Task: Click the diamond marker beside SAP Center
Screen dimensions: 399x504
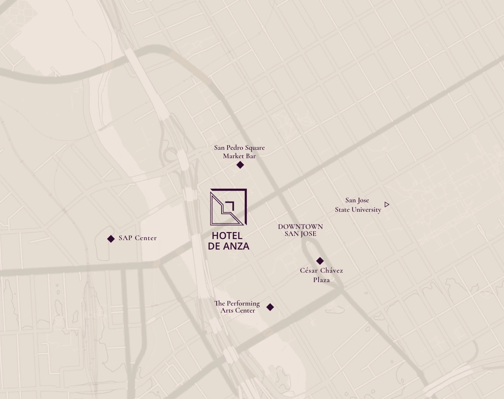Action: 111,239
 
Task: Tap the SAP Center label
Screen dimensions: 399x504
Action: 138,238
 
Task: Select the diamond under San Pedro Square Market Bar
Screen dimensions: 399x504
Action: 240,165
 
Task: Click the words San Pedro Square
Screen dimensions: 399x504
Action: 239,148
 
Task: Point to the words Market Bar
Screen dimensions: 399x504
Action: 239,156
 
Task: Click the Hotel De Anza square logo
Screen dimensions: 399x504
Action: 229,207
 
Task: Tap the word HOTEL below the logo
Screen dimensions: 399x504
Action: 227,236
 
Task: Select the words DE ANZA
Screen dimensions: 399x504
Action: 229,246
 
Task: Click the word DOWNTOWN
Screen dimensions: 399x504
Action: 300,226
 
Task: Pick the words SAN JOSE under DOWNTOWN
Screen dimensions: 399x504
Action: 300,234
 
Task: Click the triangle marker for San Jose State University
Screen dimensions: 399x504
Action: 387,204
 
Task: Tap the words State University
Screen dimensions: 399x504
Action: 358,210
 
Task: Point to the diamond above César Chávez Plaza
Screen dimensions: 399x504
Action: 320,261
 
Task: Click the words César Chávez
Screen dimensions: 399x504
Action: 321,271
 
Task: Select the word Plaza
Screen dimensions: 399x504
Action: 321,280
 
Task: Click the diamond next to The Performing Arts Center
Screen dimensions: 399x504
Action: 270,307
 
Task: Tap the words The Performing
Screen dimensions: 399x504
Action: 237,303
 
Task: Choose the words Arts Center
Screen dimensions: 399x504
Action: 238,310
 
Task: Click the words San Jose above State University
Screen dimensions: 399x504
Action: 357,200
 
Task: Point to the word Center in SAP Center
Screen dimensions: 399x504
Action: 146,238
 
